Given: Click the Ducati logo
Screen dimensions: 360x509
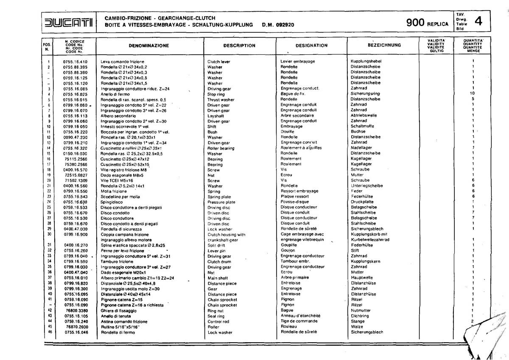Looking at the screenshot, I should (70, 21).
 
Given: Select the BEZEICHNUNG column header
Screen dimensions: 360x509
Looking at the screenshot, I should (379, 45).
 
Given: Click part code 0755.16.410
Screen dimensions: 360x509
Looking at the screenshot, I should (75, 62).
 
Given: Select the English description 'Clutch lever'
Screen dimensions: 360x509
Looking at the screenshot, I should (218, 62).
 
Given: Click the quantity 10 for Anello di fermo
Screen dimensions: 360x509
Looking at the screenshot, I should (472, 94).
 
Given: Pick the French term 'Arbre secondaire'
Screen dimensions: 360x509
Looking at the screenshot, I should (297, 115).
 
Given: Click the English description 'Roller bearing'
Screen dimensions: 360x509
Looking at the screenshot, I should (221, 148).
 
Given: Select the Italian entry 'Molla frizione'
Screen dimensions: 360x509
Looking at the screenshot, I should (114, 191).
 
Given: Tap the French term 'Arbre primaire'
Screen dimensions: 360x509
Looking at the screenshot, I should (295, 278).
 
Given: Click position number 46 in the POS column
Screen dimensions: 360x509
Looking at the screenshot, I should (50, 332).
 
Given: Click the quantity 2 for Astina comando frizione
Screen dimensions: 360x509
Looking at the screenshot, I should (472, 321).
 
